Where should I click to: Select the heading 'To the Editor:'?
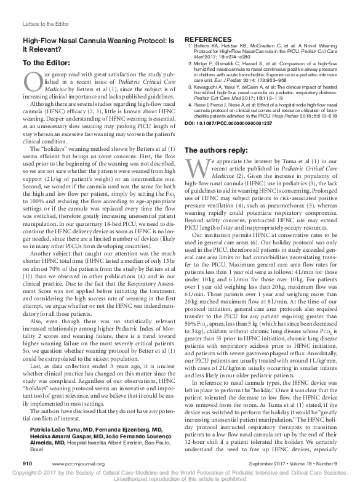[47, 62]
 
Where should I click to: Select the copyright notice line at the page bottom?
[180, 472]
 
